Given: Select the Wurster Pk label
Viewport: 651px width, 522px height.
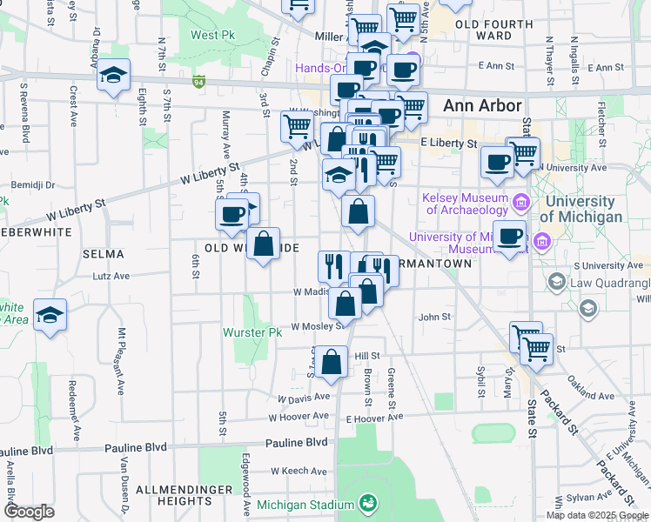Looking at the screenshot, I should tap(252, 332).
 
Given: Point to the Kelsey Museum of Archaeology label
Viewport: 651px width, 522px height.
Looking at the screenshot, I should tap(465, 204).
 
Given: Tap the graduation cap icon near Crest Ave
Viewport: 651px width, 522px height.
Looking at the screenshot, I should tap(113, 76).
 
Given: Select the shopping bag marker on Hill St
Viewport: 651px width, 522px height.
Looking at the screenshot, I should tap(332, 362).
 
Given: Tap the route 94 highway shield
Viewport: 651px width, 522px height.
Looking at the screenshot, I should tap(199, 83).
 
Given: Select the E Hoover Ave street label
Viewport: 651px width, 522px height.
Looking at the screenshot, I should tap(374, 418).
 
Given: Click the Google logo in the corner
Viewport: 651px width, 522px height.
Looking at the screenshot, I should tap(29, 512).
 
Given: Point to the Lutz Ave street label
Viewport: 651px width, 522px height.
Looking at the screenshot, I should tap(111, 276).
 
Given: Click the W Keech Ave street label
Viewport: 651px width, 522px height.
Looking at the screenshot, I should tap(299, 471).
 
